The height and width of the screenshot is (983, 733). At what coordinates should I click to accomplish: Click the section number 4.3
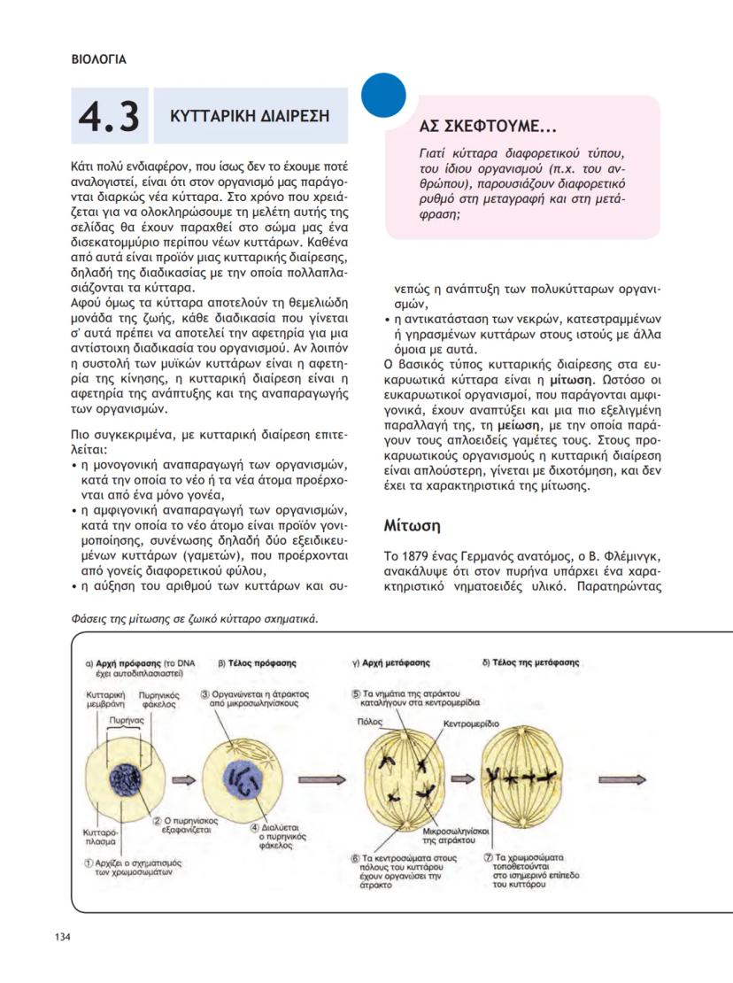[108, 117]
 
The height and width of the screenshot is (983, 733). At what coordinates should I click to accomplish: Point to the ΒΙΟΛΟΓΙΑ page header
[98, 60]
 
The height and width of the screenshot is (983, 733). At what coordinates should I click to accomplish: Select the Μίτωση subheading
[412, 525]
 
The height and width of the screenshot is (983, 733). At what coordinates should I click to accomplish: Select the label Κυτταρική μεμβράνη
[104, 699]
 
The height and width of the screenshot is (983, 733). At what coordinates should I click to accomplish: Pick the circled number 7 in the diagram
[488, 857]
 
